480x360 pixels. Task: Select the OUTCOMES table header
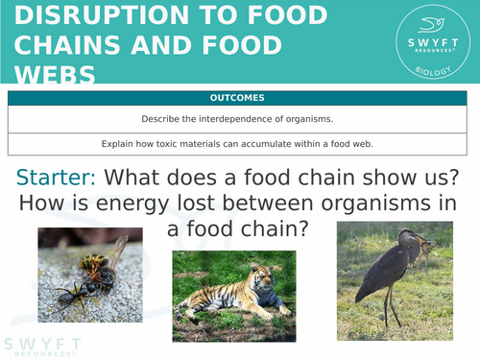240,98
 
